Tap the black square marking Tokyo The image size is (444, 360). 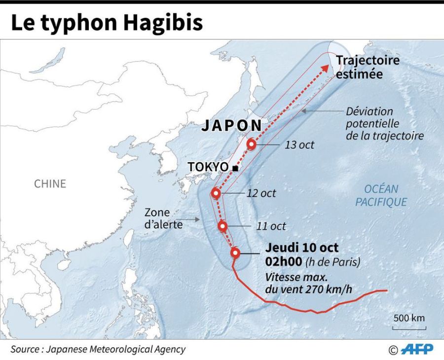click(x=235, y=169)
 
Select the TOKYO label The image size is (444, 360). click(x=208, y=167)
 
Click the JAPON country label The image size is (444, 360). click(x=231, y=126)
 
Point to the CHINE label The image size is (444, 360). click(x=50, y=184)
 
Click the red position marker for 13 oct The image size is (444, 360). click(x=252, y=144)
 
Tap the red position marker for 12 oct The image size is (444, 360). click(x=216, y=193)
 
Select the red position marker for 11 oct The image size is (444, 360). click(x=223, y=226)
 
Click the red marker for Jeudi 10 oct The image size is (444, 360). click(x=235, y=253)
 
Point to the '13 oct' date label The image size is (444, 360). click(x=299, y=145)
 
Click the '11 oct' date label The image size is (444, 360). click(x=271, y=226)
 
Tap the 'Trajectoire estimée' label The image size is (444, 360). click(x=368, y=67)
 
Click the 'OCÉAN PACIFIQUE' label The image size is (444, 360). click(x=381, y=195)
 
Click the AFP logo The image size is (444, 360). click(x=416, y=349)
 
